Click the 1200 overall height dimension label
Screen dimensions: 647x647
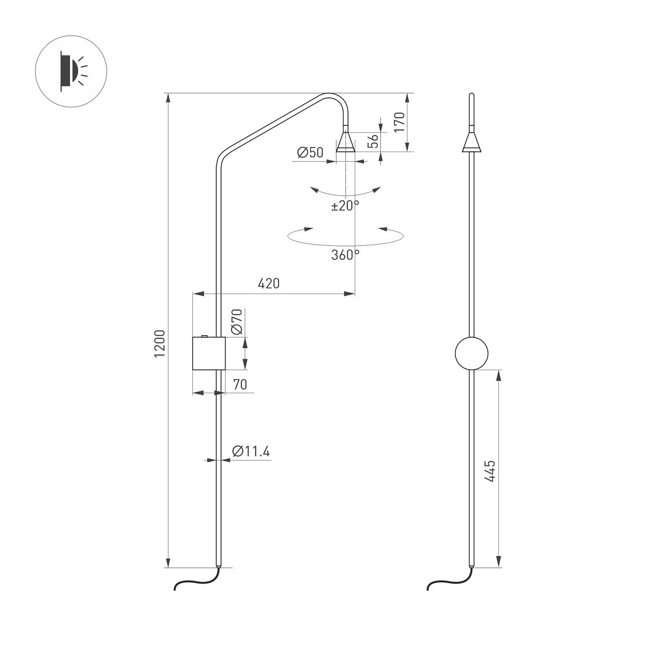160,343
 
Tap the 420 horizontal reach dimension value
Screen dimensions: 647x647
268,283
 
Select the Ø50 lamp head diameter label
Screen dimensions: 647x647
310,152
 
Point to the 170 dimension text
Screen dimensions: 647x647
399,122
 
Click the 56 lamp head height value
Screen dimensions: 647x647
373,141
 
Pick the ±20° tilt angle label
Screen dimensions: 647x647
345,206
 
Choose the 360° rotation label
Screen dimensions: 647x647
345,255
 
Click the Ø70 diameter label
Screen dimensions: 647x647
236,322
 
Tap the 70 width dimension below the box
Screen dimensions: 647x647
240,384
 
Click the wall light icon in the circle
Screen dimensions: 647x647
71,71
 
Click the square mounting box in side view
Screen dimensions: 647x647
209,353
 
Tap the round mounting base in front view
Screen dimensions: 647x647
471,353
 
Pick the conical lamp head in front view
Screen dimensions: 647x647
471,142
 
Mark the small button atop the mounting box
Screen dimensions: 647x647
204,336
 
